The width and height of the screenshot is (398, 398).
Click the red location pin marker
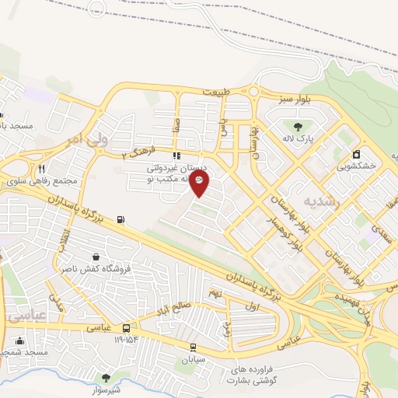click(200, 183)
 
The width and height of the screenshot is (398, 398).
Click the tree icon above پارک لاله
click(296, 125)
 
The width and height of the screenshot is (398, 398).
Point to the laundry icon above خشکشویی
click(356, 153)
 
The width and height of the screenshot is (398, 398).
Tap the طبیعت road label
click(217, 92)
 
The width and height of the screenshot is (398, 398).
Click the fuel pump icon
click(120, 220)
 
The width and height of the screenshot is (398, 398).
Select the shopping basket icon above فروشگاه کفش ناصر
click(96, 256)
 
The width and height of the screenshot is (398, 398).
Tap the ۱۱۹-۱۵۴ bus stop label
click(127, 340)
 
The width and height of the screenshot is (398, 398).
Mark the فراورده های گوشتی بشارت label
click(247, 375)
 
